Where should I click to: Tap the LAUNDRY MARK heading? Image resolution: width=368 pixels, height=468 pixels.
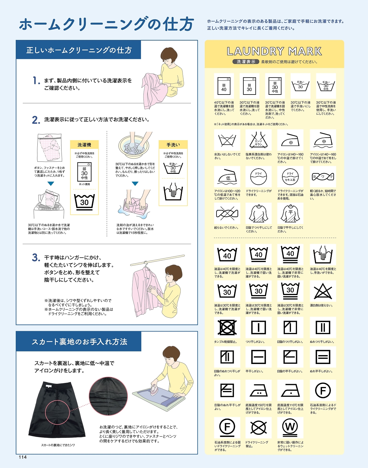274,51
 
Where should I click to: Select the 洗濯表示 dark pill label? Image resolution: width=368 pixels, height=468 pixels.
246,62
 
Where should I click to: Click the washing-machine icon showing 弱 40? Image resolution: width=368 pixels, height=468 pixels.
224,86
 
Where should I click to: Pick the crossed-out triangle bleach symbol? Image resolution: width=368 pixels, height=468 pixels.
323,291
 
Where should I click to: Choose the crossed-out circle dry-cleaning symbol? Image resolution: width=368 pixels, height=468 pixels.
258,427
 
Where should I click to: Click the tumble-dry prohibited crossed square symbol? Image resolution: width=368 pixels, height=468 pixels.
227,327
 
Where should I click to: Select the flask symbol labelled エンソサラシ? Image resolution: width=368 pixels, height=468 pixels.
258,140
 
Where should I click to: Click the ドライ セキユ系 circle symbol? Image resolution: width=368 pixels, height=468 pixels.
290,177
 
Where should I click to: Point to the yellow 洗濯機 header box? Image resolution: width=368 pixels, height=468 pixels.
84,145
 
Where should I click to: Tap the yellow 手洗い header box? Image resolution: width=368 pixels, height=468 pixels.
173,145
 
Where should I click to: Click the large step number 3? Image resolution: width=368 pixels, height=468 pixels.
36,258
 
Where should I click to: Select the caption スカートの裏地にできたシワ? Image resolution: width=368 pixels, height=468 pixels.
58,445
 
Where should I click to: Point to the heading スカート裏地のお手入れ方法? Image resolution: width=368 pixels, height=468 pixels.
80,342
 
